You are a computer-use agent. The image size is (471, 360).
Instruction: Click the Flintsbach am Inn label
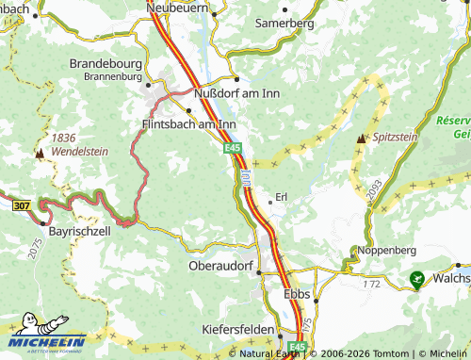(x=188, y=124)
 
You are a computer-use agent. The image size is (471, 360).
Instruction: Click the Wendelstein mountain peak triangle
(x=40, y=151)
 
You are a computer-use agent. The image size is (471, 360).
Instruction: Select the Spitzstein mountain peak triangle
(x=361, y=139)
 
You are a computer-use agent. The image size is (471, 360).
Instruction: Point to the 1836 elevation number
(x=64, y=137)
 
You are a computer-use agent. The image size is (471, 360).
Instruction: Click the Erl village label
(x=281, y=197)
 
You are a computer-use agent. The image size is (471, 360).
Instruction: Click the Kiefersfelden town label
(x=238, y=331)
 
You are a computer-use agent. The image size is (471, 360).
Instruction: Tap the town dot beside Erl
(x=268, y=200)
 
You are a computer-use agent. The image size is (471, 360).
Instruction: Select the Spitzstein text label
(x=395, y=138)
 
